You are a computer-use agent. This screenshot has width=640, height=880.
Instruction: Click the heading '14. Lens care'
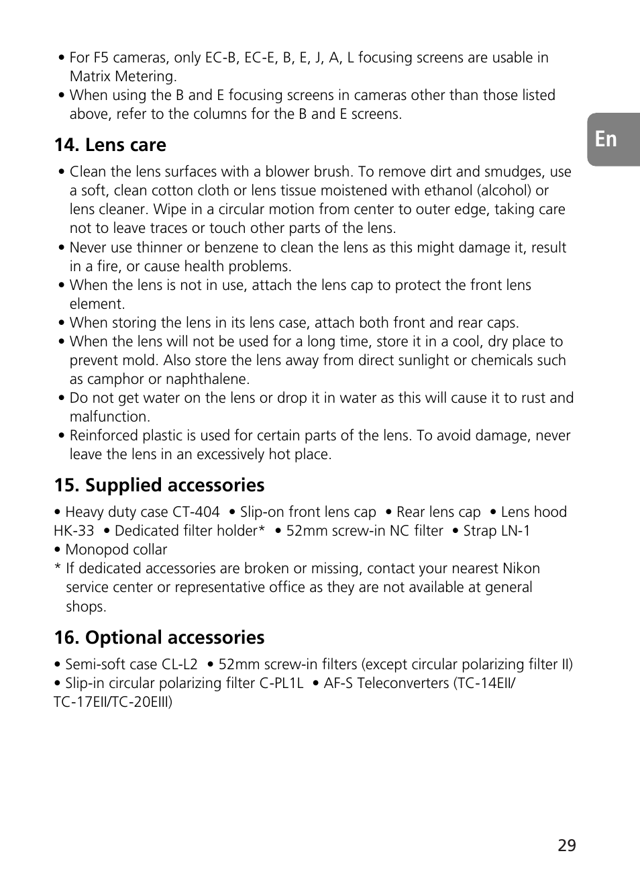110,145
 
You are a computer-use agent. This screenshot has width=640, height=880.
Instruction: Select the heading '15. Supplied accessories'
159,485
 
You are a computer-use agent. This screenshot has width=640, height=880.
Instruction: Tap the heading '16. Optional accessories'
159,638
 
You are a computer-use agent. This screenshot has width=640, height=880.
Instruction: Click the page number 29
566,845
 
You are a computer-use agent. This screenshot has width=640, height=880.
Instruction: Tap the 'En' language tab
606,139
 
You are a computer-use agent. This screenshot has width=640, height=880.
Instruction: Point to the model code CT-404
196,512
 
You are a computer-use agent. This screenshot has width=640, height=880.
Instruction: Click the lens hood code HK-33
74,531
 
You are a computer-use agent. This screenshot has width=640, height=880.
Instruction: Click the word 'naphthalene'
207,379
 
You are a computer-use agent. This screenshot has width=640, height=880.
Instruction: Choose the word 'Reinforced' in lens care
103,436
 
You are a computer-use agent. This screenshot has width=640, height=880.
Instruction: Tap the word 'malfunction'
109,417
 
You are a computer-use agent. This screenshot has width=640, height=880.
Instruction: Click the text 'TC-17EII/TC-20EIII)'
113,702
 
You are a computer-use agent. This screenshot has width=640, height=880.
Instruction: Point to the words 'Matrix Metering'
123,77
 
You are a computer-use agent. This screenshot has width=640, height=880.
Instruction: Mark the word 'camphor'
115,379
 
